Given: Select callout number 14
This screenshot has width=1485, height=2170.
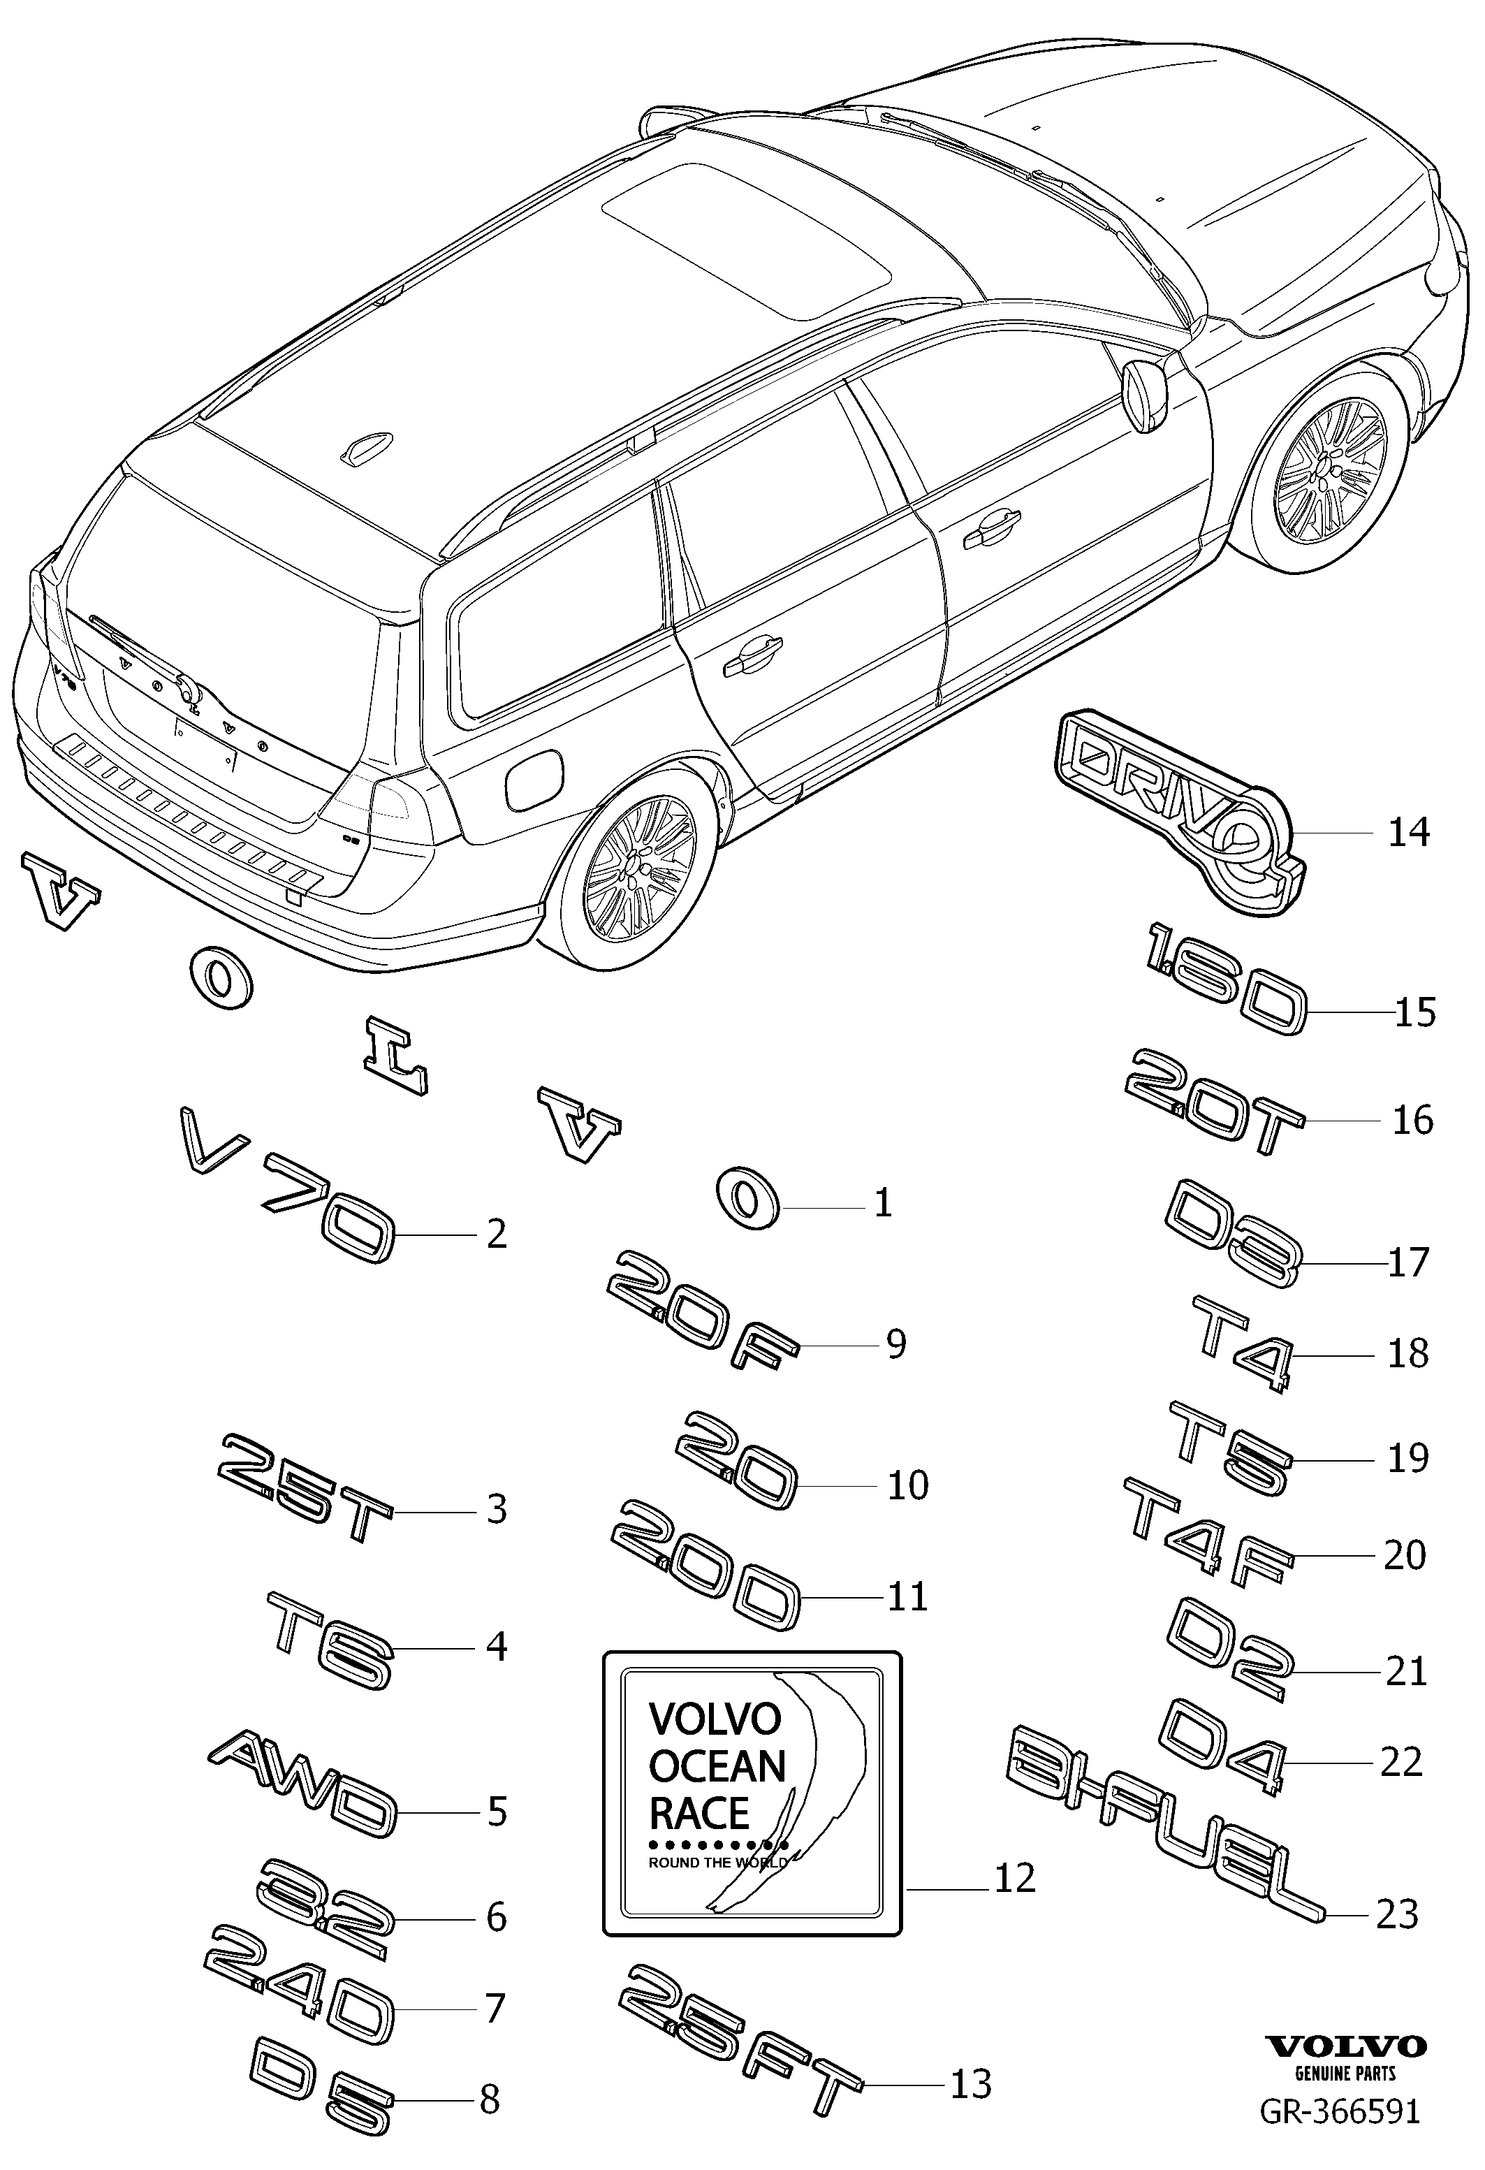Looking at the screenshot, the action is pos(1408,832).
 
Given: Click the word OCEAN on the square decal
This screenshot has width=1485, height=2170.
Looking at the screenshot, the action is pos(717,1765).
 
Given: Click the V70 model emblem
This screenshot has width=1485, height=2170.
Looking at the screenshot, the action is pos(286,1184).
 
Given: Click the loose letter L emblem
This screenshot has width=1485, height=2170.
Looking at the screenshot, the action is pos(396,1055).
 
